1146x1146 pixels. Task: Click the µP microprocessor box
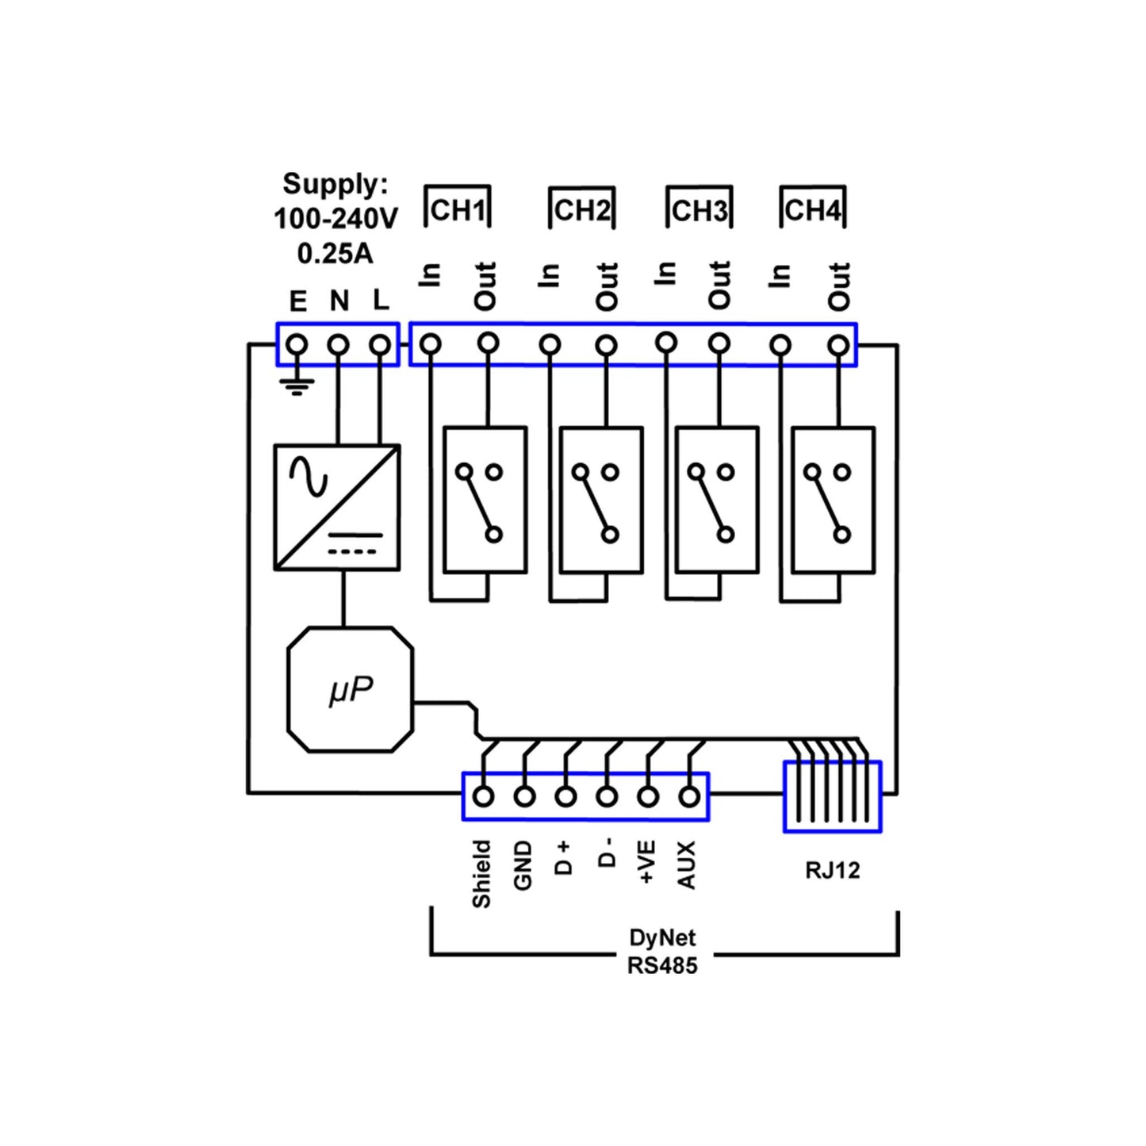point(350,690)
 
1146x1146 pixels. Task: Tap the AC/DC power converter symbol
point(336,508)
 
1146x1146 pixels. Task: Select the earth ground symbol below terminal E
point(297,386)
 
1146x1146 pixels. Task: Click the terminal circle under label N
point(339,345)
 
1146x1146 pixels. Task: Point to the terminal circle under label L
point(381,345)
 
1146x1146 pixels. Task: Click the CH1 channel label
point(458,210)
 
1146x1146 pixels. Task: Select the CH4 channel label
point(812,210)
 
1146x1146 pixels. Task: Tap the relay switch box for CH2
point(600,500)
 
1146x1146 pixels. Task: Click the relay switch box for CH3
point(717,500)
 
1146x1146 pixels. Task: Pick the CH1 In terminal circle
point(431,344)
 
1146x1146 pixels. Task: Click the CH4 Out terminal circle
point(838,345)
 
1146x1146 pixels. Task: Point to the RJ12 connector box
point(832,796)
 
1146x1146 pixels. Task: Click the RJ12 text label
point(832,870)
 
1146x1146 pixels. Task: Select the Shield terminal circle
point(483,796)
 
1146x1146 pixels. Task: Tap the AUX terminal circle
point(690,796)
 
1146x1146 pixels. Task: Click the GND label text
point(523,867)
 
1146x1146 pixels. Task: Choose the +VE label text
point(646,863)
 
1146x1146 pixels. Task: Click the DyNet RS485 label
point(662,952)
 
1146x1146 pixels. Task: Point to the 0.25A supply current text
point(335,254)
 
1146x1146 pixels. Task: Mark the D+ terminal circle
point(565,796)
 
